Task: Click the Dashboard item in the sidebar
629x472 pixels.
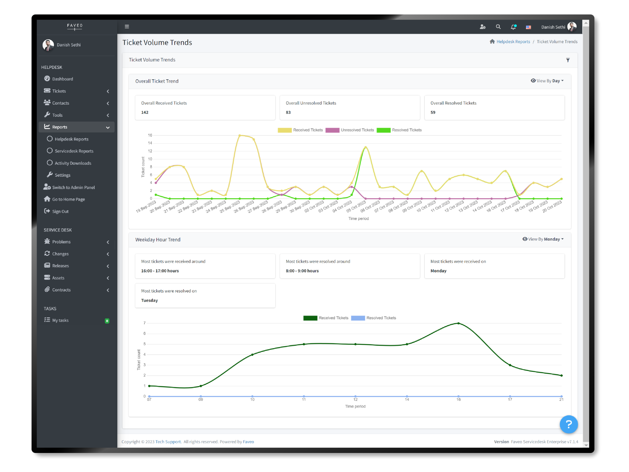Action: coord(62,79)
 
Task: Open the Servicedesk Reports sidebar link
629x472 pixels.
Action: coord(74,151)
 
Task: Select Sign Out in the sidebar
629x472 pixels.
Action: coord(60,211)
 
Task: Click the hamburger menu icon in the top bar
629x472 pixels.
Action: coord(127,27)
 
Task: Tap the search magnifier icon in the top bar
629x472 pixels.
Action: coord(498,27)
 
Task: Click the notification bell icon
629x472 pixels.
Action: coord(513,27)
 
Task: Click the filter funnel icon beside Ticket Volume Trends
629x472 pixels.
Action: coord(568,60)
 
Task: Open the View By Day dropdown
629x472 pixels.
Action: coord(548,81)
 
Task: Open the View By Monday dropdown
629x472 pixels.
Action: coord(543,239)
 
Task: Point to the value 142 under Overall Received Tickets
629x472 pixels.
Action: coord(145,112)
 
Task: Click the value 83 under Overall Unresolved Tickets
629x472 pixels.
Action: coord(288,112)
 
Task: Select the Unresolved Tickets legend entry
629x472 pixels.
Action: coord(350,130)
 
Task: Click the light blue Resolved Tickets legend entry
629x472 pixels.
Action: coord(374,318)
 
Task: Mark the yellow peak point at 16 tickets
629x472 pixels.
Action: coord(240,135)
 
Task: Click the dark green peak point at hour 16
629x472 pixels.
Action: coord(459,323)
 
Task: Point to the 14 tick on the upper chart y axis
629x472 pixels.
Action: coord(150,143)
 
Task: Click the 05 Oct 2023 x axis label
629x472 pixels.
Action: coord(356,206)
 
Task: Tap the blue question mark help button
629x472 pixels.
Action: coord(569,424)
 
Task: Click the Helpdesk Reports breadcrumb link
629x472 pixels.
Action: coord(513,42)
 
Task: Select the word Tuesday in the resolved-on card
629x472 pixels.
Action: coord(150,301)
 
